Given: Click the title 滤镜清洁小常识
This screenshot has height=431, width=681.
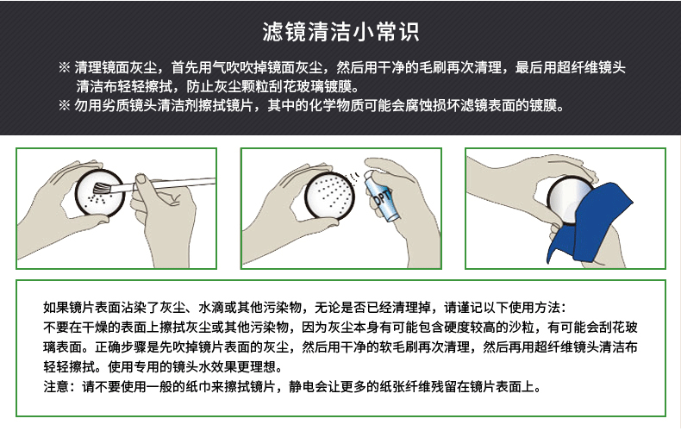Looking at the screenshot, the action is pyautogui.click(x=340, y=32).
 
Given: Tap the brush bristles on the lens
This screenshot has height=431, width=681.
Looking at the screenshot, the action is pyautogui.click(x=102, y=188).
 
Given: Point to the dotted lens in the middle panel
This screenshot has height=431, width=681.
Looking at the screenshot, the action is pyautogui.click(x=329, y=195).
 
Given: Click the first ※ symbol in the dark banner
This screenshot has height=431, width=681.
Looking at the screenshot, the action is pyautogui.click(x=65, y=67).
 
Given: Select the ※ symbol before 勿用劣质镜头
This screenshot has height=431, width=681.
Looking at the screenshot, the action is pyautogui.click(x=65, y=105).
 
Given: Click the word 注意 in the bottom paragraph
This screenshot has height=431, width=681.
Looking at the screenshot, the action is pyautogui.click(x=56, y=386).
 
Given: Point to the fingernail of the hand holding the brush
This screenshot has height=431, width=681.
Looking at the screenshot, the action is pyautogui.click(x=141, y=178).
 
